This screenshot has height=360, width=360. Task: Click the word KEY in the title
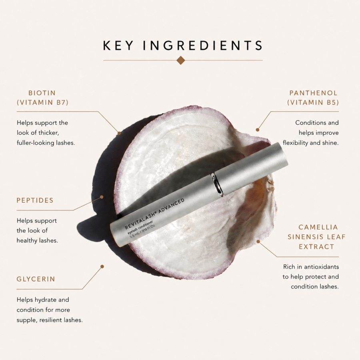(x=118, y=45)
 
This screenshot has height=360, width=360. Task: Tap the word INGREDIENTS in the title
(x=203, y=45)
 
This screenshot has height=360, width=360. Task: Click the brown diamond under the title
(x=181, y=60)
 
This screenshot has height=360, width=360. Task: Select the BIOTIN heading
(x=42, y=93)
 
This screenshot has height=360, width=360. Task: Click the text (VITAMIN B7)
(x=43, y=102)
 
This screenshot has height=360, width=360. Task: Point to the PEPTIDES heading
(x=35, y=200)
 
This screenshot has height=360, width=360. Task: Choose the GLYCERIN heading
(x=36, y=279)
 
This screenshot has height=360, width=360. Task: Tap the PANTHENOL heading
(x=313, y=93)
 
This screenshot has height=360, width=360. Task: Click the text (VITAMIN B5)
(x=313, y=102)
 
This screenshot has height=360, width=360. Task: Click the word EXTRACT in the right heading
(x=316, y=247)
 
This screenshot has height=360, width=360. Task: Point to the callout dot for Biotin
(x=119, y=133)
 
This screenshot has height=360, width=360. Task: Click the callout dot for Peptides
(x=102, y=197)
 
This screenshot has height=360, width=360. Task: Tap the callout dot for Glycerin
(x=102, y=266)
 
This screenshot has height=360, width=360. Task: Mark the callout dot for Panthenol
(x=258, y=130)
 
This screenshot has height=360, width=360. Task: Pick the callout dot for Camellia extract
(x=258, y=242)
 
